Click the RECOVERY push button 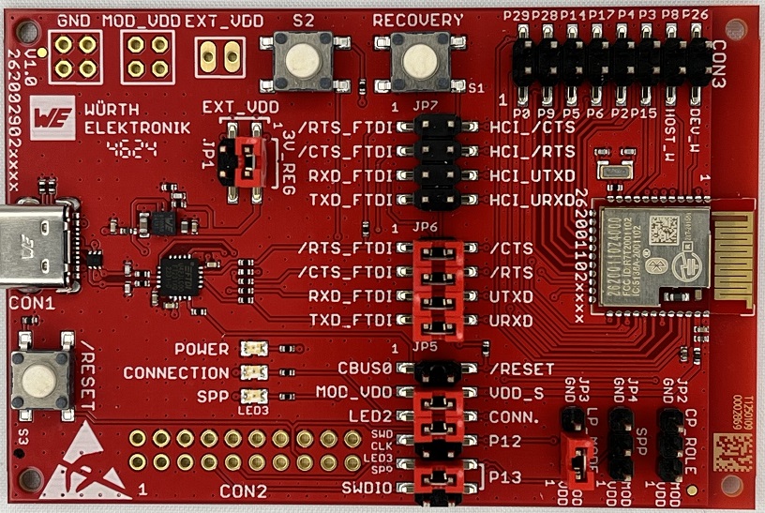(x=417, y=60)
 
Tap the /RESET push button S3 (x=39, y=378)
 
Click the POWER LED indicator (x=251, y=349)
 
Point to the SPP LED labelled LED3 (x=251, y=396)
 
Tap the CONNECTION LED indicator (x=251, y=372)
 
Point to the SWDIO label (x=367, y=487)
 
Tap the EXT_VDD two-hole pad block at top (x=219, y=57)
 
